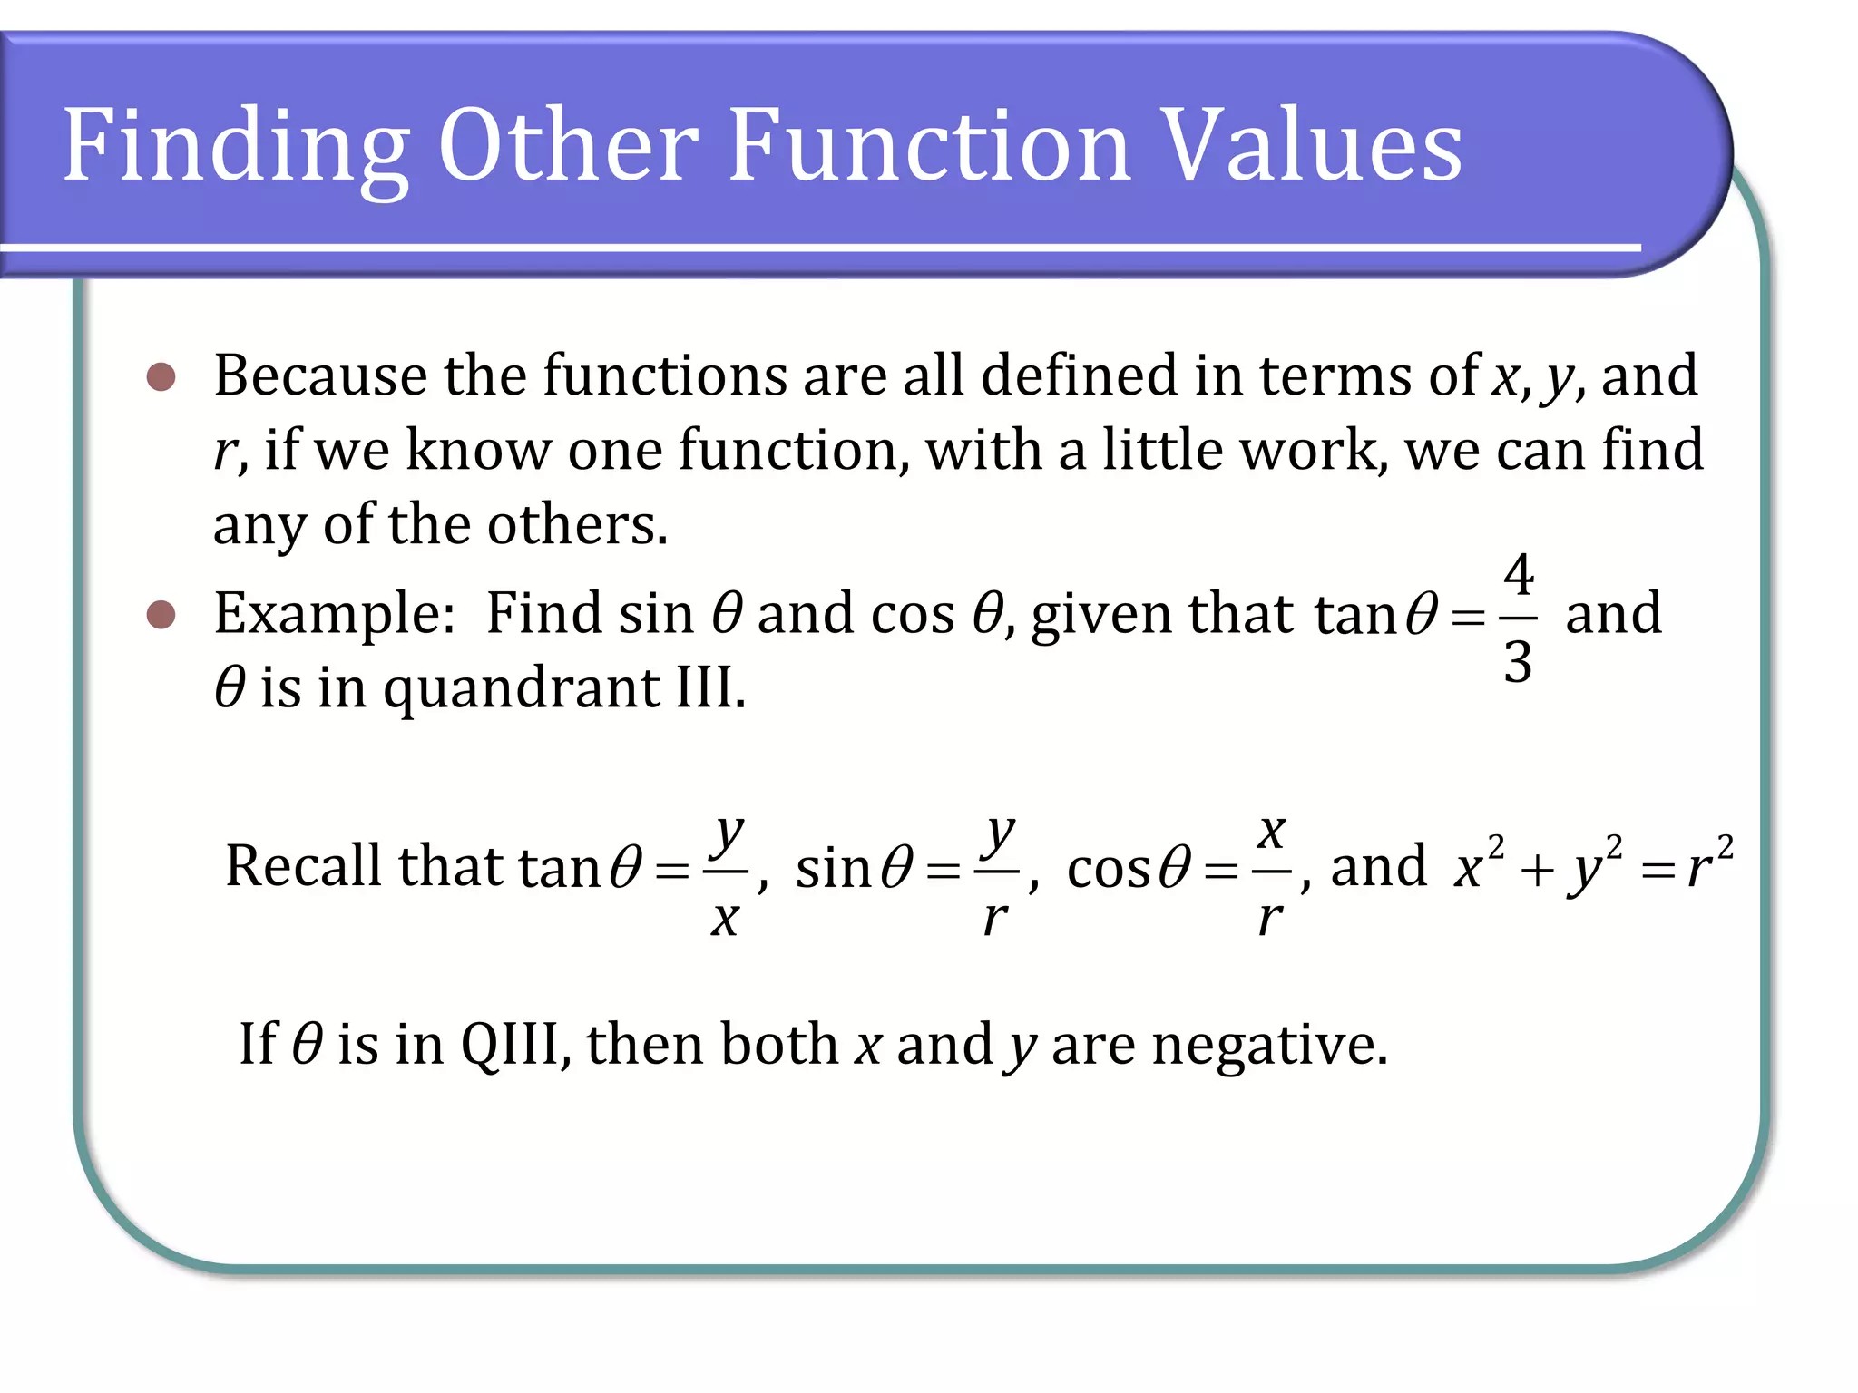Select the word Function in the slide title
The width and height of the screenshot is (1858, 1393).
pos(929,145)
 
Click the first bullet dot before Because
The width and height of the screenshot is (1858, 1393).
pos(161,376)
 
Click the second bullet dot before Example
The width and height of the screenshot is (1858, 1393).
pos(161,615)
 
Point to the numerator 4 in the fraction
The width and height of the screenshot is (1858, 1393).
pos(1519,575)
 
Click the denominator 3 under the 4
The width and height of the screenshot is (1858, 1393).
pos(1519,661)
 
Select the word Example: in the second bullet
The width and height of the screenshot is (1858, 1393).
pos(335,615)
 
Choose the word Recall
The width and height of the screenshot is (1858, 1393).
pos(303,865)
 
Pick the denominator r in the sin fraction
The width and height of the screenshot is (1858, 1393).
pos(995,918)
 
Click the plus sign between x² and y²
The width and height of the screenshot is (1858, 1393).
pos(1537,872)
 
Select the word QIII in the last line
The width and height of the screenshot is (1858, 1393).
pos(515,1044)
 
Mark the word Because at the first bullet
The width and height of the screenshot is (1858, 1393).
pos(320,375)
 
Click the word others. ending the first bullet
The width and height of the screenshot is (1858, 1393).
pos(579,525)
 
